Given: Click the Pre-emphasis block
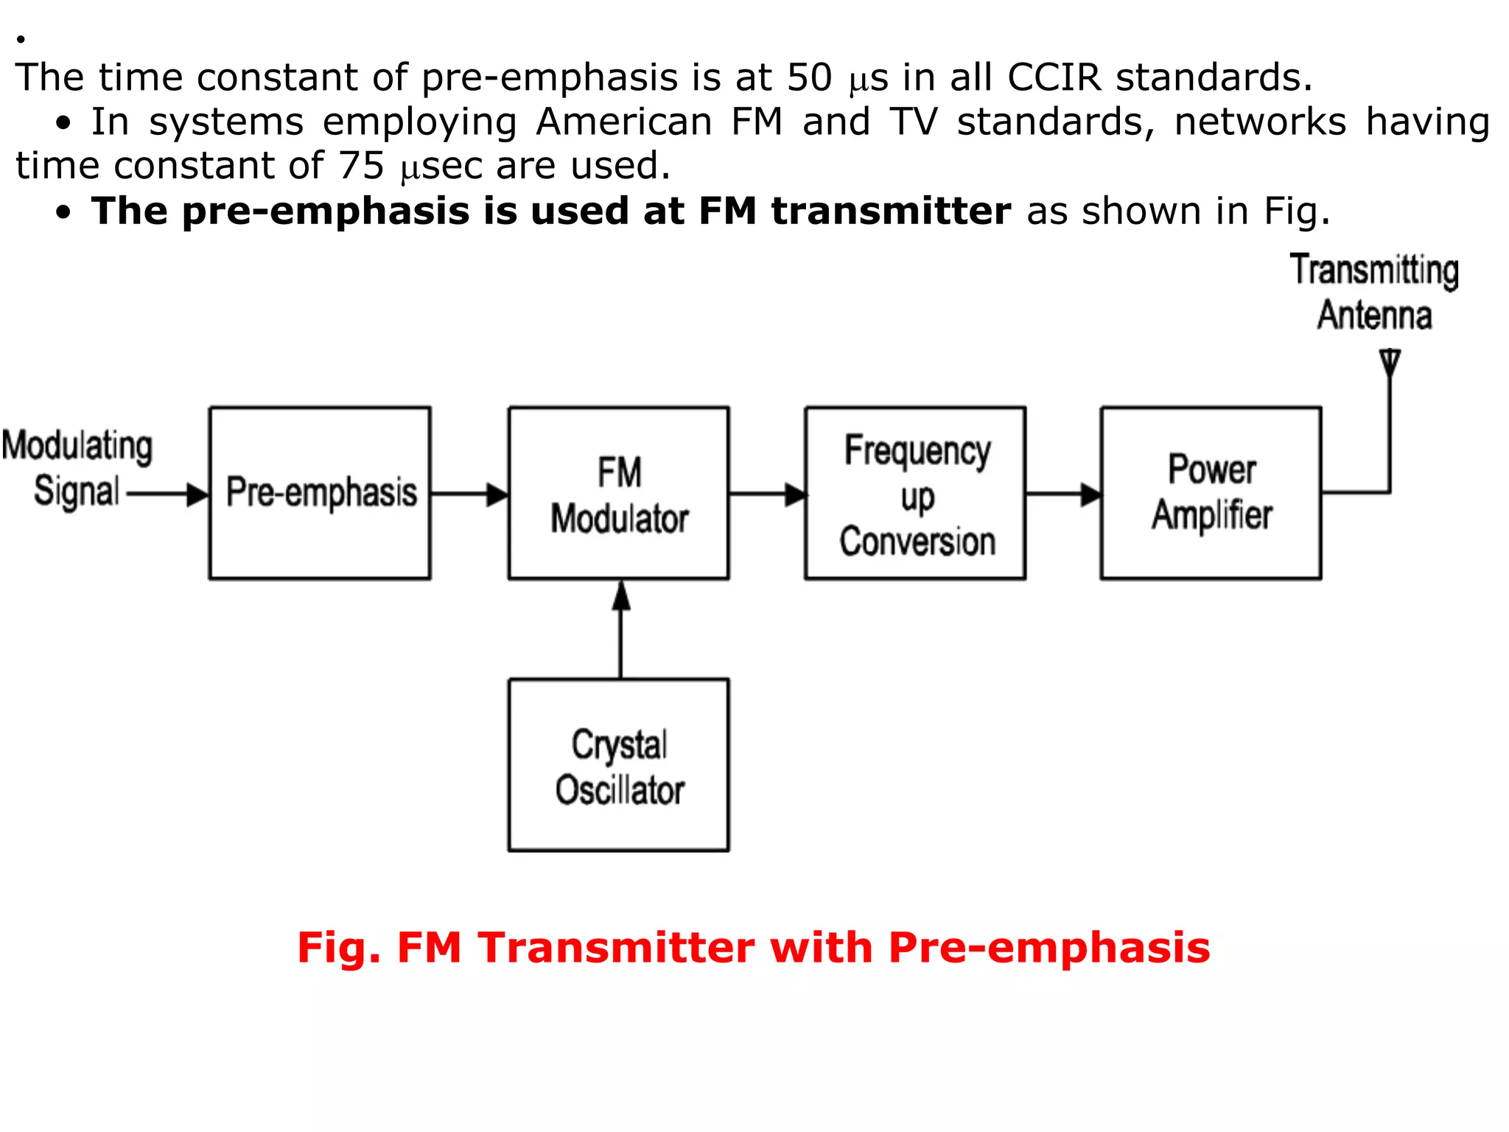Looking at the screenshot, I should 320,492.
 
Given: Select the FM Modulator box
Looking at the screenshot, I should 619,492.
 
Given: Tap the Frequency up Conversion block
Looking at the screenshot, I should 915,492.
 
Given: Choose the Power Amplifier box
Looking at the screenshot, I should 1211,492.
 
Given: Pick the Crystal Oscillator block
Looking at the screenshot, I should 619,765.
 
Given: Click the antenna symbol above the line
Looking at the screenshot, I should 1390,363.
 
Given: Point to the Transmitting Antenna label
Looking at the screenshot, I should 1374,292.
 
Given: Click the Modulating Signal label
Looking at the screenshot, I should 77,469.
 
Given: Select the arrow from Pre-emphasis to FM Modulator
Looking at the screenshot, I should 469,494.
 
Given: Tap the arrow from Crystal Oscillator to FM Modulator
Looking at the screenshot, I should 621,628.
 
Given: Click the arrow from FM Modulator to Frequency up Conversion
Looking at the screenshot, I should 767,494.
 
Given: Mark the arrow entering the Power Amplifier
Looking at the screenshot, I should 1063,494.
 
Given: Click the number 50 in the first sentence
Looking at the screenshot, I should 809,77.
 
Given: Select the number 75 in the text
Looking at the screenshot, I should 361,166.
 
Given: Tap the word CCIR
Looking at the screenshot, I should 1054,77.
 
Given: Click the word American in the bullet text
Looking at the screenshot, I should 624,122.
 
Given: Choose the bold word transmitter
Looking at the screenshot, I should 891,212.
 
